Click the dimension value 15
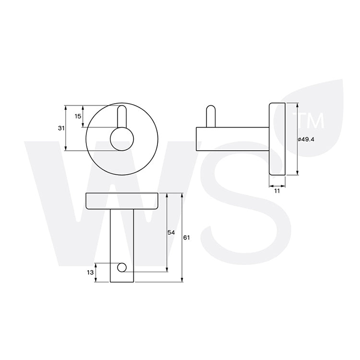tap(78, 116)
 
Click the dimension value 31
tap(61, 128)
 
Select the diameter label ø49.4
tap(306, 139)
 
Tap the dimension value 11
tap(277, 191)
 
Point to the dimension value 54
tap(171, 233)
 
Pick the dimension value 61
tap(186, 238)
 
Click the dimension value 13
tap(90, 272)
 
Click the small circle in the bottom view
tap(122, 267)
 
